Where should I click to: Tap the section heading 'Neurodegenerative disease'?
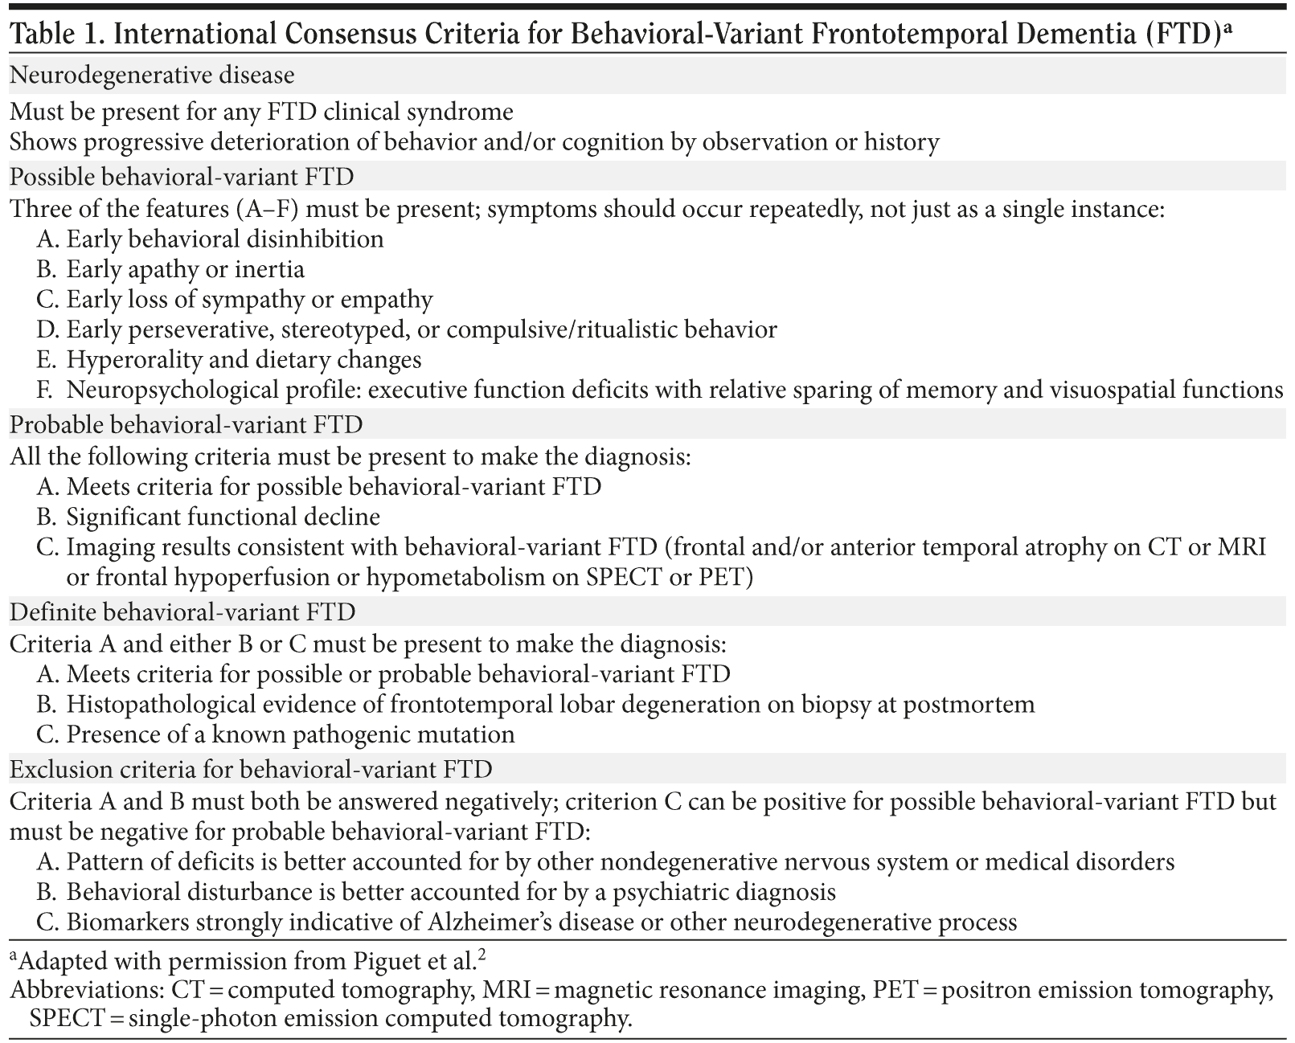[152, 75]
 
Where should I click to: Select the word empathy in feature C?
[387, 299]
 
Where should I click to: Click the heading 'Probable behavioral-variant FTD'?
[186, 423]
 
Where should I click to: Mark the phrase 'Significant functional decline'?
[223, 516]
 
